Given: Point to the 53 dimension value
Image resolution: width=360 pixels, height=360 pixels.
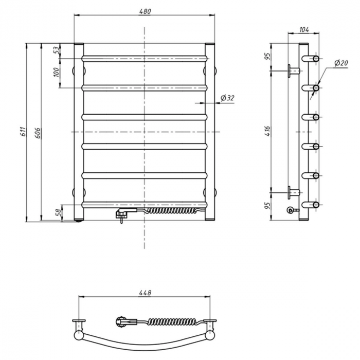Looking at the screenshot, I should (x=56, y=50).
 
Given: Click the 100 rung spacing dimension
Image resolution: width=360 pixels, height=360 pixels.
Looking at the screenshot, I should (x=56, y=73).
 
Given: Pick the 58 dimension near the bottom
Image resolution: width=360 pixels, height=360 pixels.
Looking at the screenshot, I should (x=58, y=211).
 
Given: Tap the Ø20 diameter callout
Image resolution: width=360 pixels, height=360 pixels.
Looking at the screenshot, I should (x=340, y=63).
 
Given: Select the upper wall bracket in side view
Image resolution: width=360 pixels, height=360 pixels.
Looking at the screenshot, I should (x=293, y=70).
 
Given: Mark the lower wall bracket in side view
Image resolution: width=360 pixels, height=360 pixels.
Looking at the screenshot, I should (x=293, y=193).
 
